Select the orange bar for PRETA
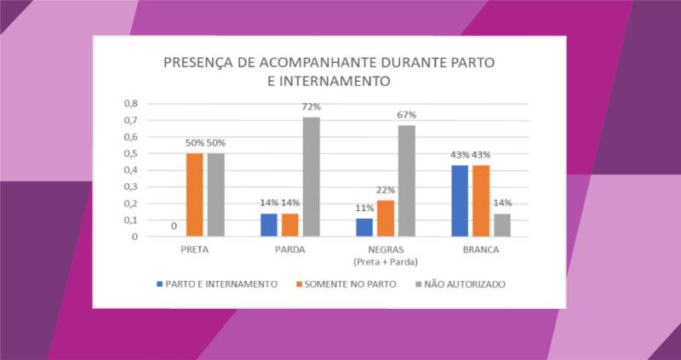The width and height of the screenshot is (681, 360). pyautogui.click(x=195, y=195)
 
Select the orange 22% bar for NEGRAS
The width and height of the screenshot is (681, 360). pyautogui.click(x=386, y=218)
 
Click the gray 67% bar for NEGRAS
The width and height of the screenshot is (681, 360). pyautogui.click(x=408, y=180)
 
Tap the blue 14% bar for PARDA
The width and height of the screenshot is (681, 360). pyautogui.click(x=269, y=225)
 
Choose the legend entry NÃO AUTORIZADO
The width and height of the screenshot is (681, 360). pyautogui.click(x=463, y=283)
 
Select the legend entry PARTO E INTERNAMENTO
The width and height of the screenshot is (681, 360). pyautogui.click(x=219, y=283)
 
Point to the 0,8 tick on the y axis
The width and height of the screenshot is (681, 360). pyautogui.click(x=131, y=103)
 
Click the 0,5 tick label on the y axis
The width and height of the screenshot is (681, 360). pyautogui.click(x=131, y=153)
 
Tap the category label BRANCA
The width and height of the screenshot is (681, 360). pyautogui.click(x=480, y=251)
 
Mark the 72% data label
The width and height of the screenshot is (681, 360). pyautogui.click(x=312, y=107)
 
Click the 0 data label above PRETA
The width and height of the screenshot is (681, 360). pyautogui.click(x=174, y=226)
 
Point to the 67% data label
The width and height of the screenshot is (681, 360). pyautogui.click(x=407, y=116)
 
